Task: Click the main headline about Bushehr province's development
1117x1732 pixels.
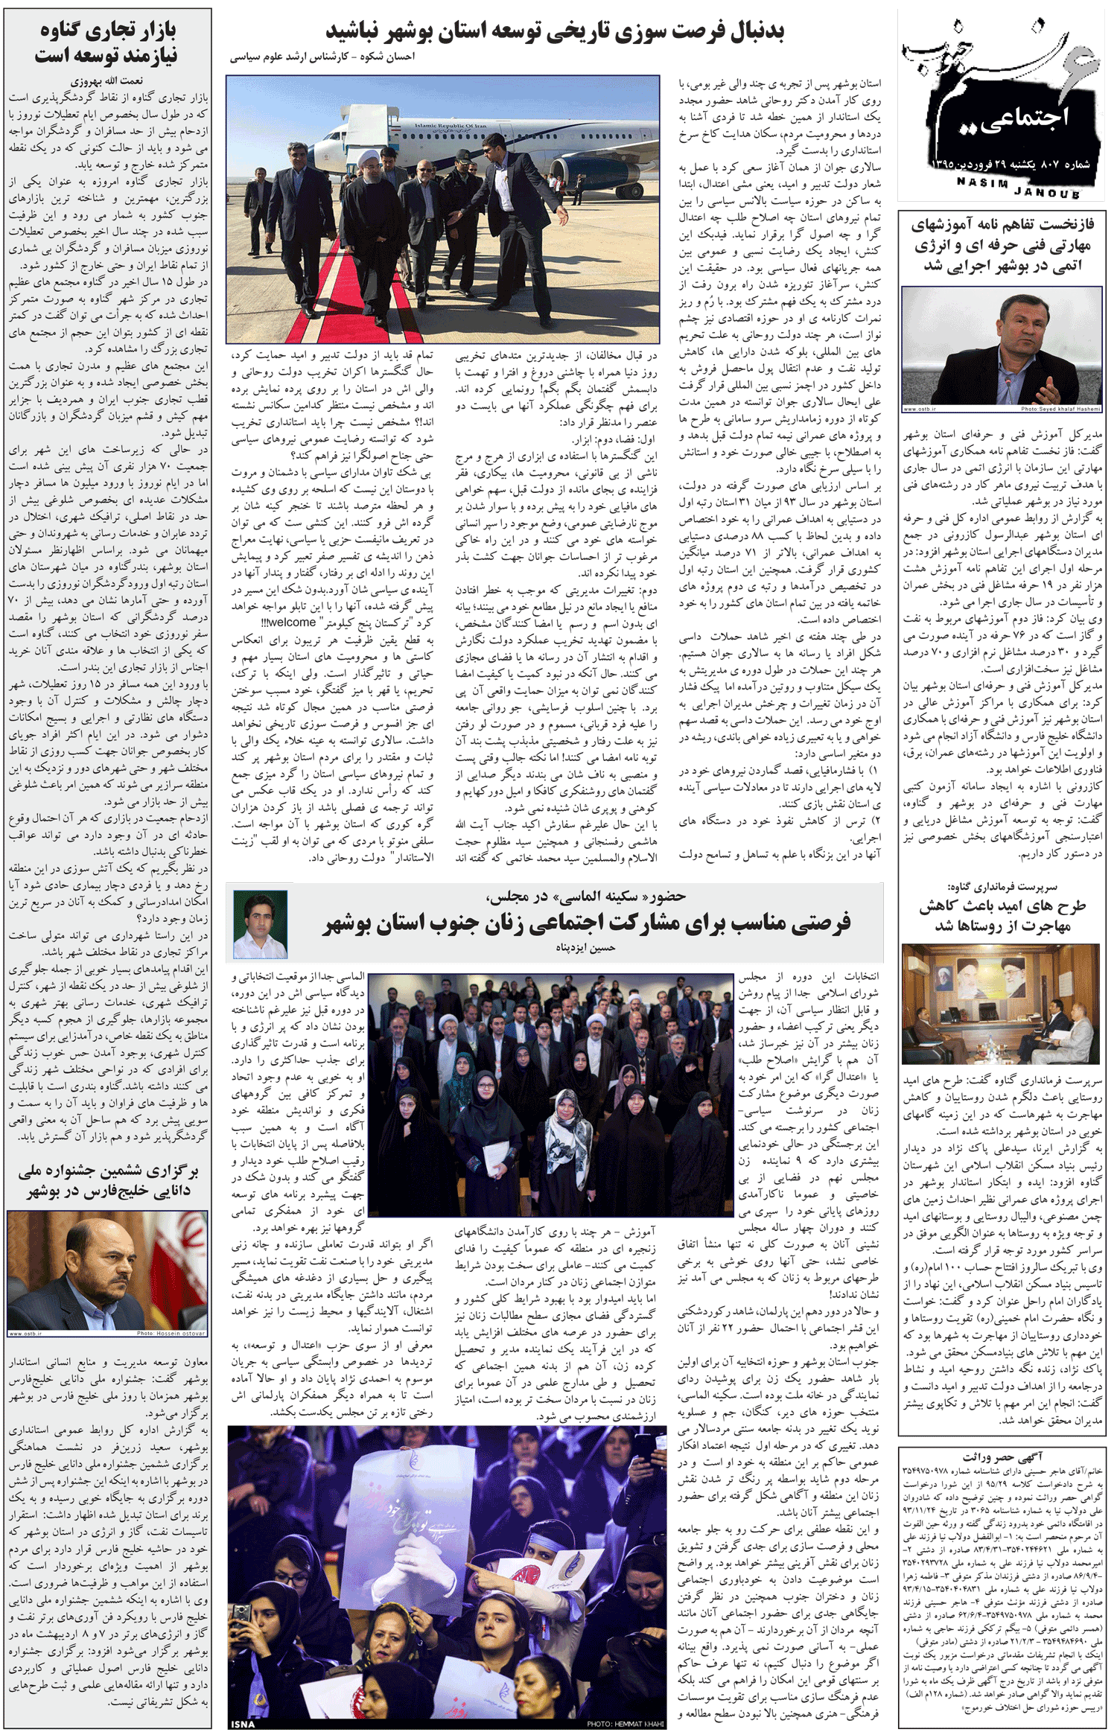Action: click(555, 31)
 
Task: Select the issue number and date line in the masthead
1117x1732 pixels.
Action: click(1008, 164)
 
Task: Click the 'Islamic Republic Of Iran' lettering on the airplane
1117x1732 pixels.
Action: click(450, 126)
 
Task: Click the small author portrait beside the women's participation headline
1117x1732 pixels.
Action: click(260, 923)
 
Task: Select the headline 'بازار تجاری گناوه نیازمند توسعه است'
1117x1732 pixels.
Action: click(107, 42)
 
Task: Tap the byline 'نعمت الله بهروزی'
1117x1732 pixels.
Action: click(107, 81)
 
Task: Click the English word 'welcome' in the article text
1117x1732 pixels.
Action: click(291, 623)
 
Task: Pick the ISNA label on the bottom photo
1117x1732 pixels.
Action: click(243, 1724)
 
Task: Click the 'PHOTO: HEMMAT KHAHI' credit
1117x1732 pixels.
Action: click(625, 1724)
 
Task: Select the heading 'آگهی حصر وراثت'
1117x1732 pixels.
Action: click(1002, 1456)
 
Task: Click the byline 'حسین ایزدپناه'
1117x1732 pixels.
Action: click(585, 948)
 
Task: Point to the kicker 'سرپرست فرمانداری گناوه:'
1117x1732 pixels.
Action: click(1002, 887)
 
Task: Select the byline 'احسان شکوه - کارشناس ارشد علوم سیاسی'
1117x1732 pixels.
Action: click(322, 57)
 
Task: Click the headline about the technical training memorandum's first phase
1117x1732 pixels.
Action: click(1002, 244)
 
